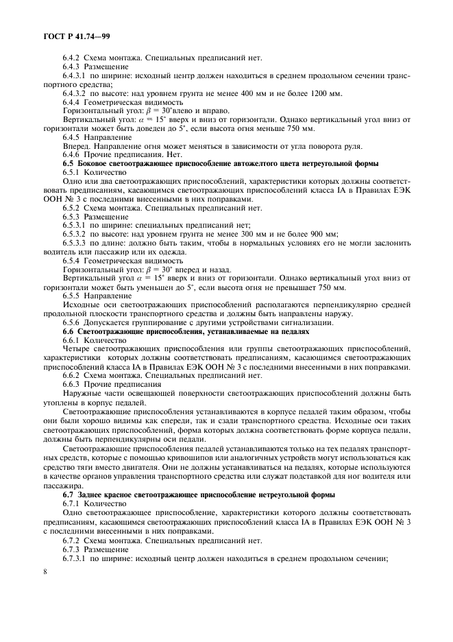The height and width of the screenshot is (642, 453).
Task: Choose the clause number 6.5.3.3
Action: (x=77, y=242)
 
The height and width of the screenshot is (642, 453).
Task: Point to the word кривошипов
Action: (x=197, y=455)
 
